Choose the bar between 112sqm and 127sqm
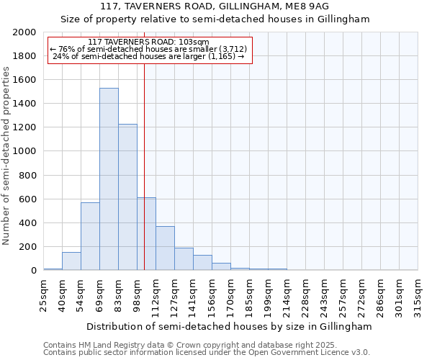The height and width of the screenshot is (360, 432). pyautogui.click(x=165, y=248)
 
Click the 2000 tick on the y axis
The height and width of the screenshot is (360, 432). pyautogui.click(x=25, y=32)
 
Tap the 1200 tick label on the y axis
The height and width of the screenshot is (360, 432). pyautogui.click(x=25, y=127)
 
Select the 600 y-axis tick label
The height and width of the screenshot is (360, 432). pyautogui.click(x=28, y=199)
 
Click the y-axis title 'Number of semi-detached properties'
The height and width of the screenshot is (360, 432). pyautogui.click(x=7, y=156)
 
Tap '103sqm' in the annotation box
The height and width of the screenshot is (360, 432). pyautogui.click(x=194, y=42)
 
